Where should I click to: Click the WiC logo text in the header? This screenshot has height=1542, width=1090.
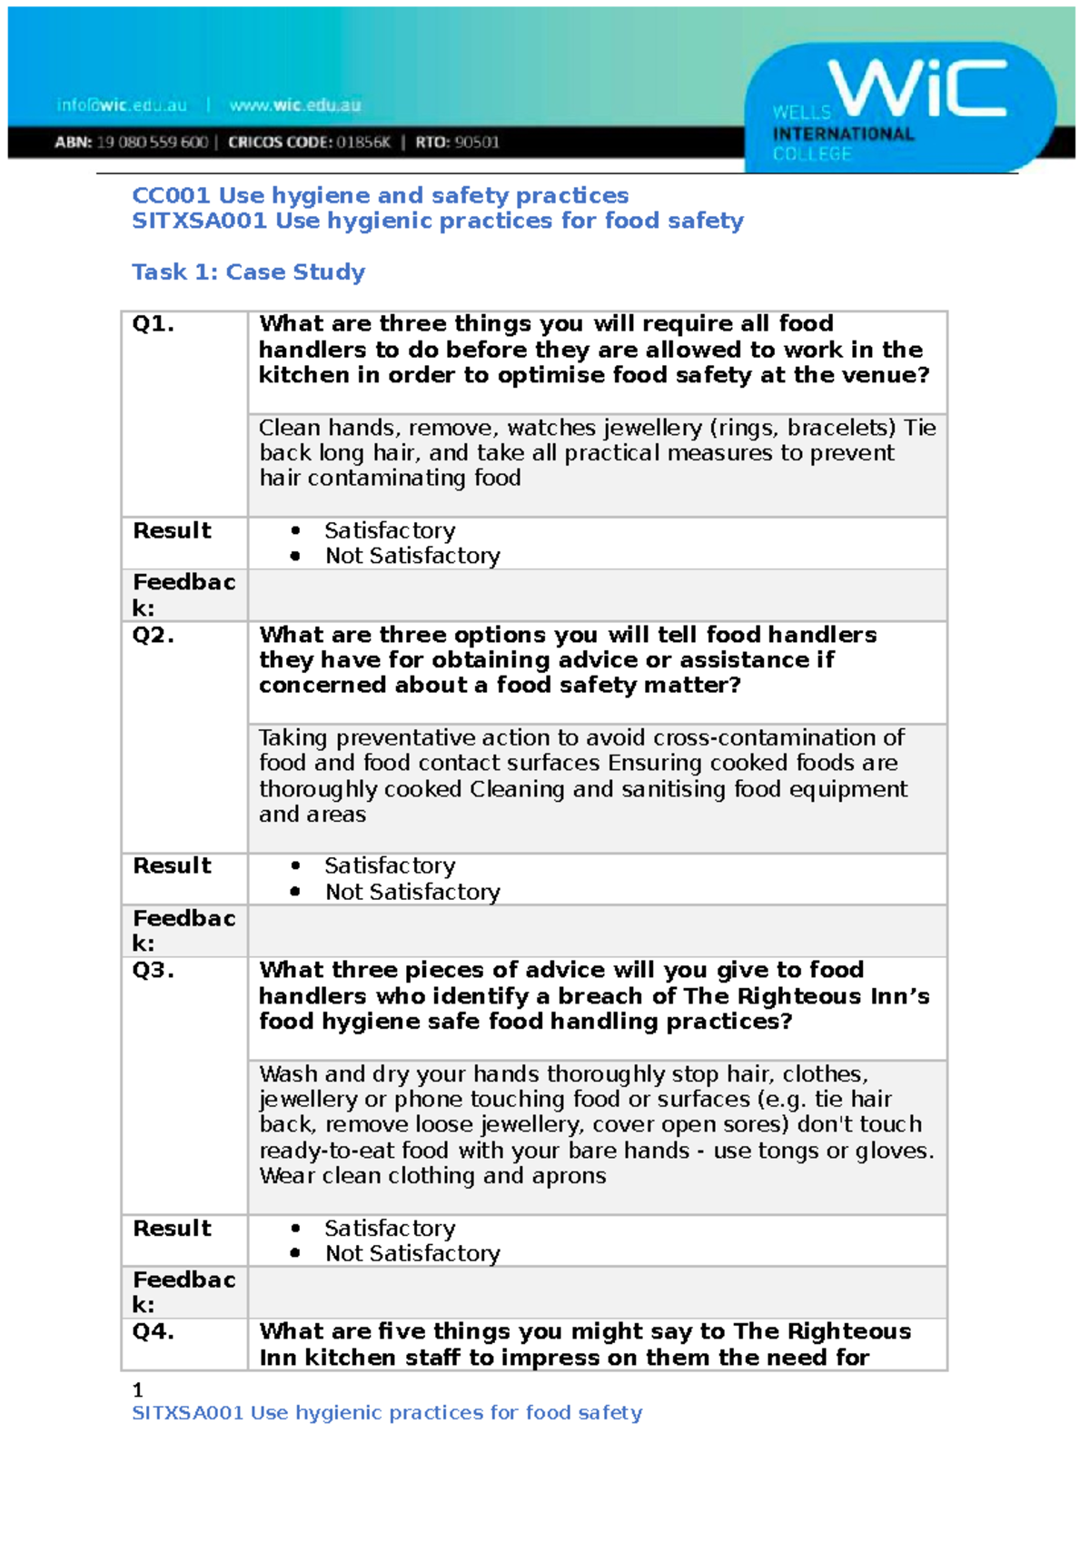[917, 88]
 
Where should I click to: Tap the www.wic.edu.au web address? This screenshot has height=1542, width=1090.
[294, 105]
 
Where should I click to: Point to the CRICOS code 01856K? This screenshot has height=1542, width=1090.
[363, 143]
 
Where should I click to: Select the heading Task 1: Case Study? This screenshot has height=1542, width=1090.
[248, 272]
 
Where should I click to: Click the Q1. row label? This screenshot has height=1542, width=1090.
[153, 324]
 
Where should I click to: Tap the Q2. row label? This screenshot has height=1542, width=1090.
[153, 635]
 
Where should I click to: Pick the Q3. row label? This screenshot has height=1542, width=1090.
[153, 971]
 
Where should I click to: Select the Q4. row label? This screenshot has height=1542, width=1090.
[153, 1332]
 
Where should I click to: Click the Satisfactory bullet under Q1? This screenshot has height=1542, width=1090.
[390, 530]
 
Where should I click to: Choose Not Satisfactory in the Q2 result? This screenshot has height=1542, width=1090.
[412, 893]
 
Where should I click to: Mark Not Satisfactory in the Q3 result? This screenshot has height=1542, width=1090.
[412, 1254]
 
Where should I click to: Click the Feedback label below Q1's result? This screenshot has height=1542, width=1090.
[183, 595]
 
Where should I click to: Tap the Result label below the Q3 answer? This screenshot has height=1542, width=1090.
[172, 1229]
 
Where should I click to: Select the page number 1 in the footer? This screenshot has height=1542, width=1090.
[137, 1390]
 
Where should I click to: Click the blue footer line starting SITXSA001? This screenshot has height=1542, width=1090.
[387, 1413]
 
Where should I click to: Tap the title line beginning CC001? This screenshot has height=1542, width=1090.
[380, 196]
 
